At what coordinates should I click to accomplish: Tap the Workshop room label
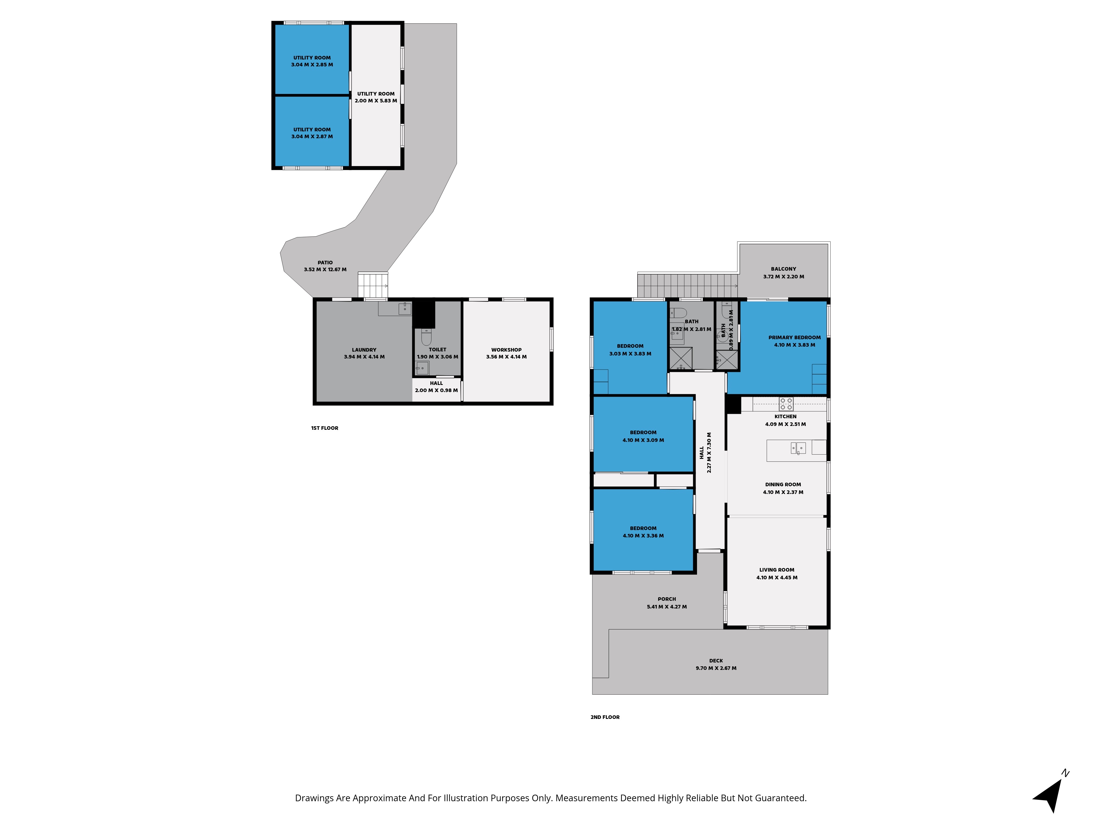pos(506,349)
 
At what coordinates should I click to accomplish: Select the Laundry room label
pos(364,349)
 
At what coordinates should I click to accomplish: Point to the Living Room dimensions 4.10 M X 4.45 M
pos(777,578)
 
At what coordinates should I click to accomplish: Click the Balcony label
pos(784,269)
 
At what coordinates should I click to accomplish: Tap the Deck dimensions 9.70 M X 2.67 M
pos(716,668)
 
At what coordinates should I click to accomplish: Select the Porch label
pos(667,599)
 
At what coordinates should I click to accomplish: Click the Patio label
pos(325,262)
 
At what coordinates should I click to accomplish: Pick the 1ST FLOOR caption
pos(325,428)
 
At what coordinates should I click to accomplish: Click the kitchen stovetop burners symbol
pos(786,404)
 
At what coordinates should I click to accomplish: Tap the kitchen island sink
pos(798,448)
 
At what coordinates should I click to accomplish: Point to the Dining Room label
pos(783,484)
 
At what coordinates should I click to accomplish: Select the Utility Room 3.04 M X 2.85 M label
pos(312,61)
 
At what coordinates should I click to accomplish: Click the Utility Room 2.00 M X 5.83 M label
pos(376,97)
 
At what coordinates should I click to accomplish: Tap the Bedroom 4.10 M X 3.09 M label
pos(643,436)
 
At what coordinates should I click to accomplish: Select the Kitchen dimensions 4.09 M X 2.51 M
pos(786,424)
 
